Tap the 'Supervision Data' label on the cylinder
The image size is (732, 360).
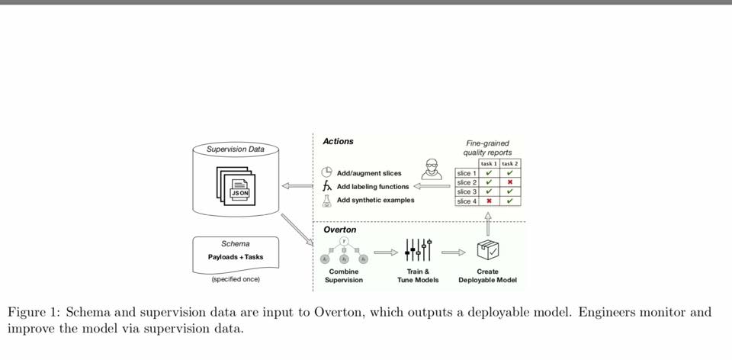[236, 149]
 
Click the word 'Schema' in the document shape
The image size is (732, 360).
[235, 244]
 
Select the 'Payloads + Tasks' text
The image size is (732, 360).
[235, 257]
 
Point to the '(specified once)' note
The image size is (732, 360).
[236, 279]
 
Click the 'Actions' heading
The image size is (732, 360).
[338, 141]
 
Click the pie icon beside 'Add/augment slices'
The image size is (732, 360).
[327, 172]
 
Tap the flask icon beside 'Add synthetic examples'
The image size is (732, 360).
[327, 200]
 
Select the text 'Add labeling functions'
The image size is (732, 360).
[373, 186]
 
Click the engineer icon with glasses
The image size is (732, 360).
[432, 169]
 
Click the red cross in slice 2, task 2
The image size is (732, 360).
[509, 182]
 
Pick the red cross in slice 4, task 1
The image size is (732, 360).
[488, 201]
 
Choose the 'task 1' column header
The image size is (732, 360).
[488, 163]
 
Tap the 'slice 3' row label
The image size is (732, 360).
[467, 191]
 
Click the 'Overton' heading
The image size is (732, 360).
[339, 230]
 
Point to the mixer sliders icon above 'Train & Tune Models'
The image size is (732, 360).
[418, 249]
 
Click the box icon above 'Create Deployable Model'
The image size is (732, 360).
[487, 249]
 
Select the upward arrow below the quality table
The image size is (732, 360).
[488, 223]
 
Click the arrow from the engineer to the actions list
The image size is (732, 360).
[432, 185]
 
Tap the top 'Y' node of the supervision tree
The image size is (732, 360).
[344, 241]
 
